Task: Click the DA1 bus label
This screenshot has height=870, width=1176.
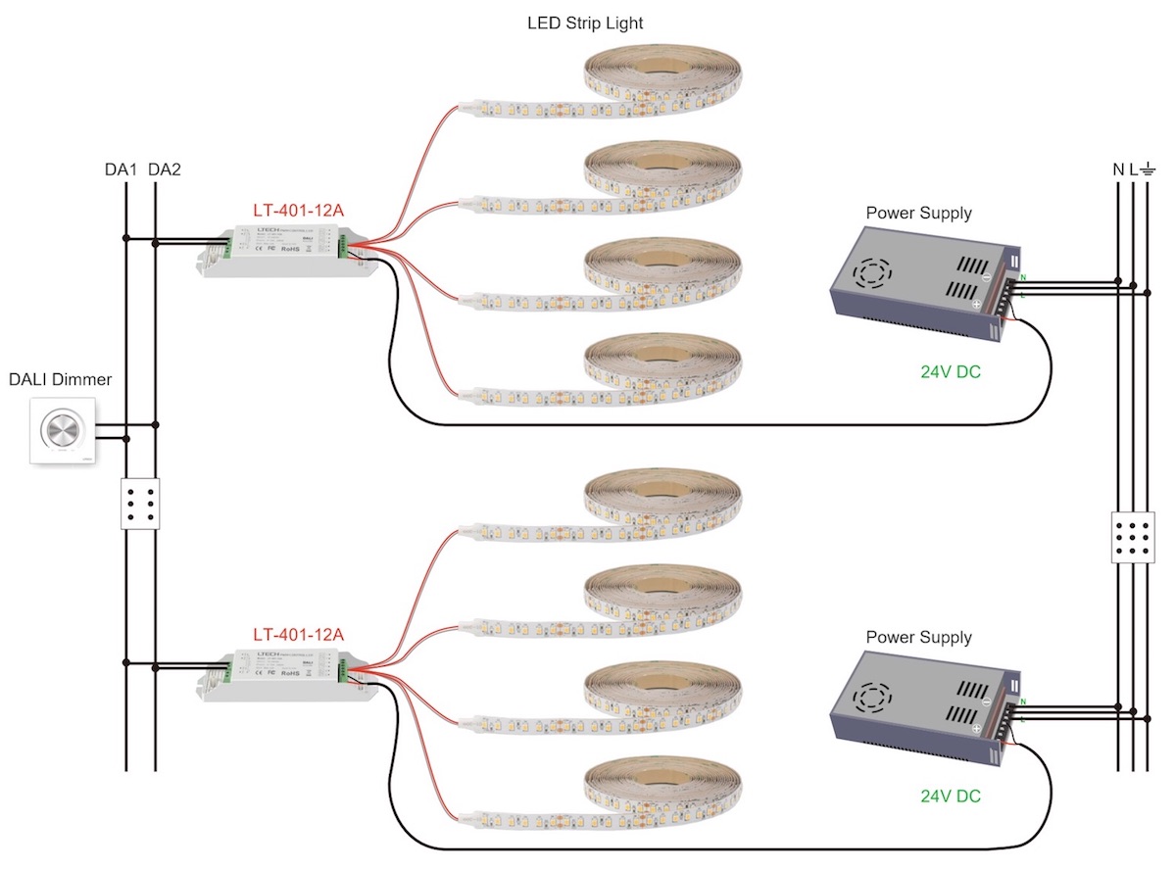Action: tap(121, 169)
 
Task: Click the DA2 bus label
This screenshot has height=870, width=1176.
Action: tap(165, 169)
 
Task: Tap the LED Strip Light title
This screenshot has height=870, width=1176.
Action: tap(585, 23)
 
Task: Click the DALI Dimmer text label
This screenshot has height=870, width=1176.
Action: tap(61, 380)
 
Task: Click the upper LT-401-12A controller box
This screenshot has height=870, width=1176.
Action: tap(283, 251)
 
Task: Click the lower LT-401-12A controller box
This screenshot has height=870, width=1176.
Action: tap(283, 674)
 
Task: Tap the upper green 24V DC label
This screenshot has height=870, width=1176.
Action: tap(950, 372)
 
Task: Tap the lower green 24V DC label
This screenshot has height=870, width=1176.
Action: tap(950, 796)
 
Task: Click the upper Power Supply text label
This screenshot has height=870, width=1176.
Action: tap(918, 213)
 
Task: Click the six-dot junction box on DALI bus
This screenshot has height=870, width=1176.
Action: tap(140, 505)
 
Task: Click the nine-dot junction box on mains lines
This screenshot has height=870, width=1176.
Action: tap(1134, 536)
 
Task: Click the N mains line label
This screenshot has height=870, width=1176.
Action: tap(1118, 169)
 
